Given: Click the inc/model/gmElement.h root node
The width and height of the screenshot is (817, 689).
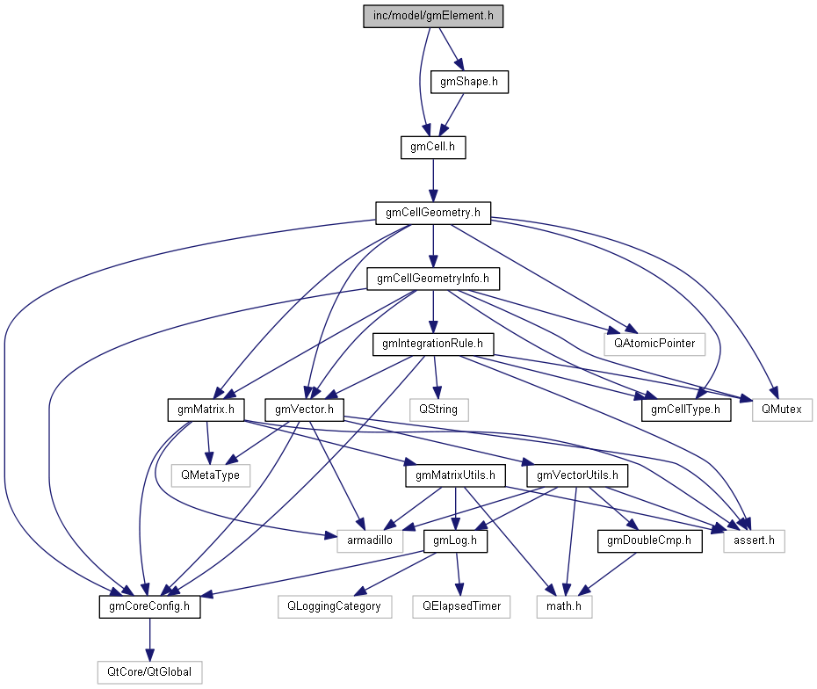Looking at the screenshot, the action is point(433,16).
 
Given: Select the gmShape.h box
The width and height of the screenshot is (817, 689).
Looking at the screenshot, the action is point(469,82).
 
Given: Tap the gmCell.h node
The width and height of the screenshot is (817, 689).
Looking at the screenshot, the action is point(433,148).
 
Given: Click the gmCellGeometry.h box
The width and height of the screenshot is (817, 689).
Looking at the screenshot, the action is point(433,214).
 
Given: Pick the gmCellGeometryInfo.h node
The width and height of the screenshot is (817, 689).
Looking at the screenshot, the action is point(433,279).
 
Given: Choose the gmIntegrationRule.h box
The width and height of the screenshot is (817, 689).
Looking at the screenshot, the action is point(433,344).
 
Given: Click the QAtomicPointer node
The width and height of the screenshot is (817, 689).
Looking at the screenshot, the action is point(654,344).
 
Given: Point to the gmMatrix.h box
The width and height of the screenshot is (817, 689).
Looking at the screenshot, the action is point(206,410).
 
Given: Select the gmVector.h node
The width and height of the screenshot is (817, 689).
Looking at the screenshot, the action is point(304,410).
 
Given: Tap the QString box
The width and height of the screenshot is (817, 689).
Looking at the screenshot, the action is point(438,410).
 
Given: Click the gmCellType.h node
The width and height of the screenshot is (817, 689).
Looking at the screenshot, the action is point(686,410).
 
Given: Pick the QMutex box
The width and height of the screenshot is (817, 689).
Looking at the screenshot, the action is point(782,410).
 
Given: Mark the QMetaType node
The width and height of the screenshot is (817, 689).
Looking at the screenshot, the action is point(211,475).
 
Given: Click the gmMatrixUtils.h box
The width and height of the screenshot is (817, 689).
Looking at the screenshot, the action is point(455,475).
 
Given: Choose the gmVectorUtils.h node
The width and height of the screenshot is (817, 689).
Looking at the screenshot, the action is point(577,475).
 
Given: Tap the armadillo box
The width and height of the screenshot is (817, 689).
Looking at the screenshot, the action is point(370,541).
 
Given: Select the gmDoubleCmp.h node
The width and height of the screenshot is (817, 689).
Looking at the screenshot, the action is point(650,541).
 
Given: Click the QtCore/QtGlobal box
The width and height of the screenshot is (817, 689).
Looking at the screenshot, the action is point(149,673).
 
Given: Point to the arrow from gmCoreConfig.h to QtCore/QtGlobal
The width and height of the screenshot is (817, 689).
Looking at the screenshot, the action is point(149,640).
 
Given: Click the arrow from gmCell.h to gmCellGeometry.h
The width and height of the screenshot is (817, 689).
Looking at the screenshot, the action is point(433,180).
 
